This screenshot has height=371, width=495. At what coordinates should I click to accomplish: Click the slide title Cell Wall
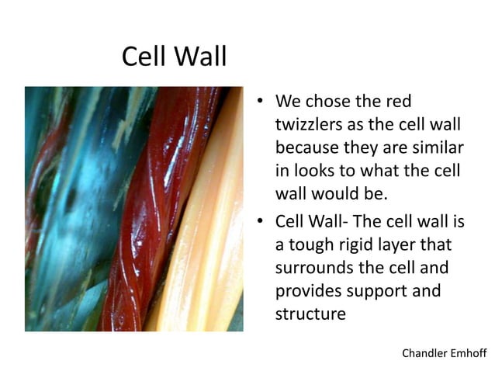pos(174,57)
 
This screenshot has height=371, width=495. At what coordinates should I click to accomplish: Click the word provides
pos(312,291)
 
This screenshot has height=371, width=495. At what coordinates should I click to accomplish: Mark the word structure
pos(310,314)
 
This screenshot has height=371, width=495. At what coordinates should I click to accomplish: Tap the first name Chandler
pos(424,353)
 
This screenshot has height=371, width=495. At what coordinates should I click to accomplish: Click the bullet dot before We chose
pos(263,102)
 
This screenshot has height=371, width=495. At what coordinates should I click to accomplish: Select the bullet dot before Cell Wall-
pos(263,223)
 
